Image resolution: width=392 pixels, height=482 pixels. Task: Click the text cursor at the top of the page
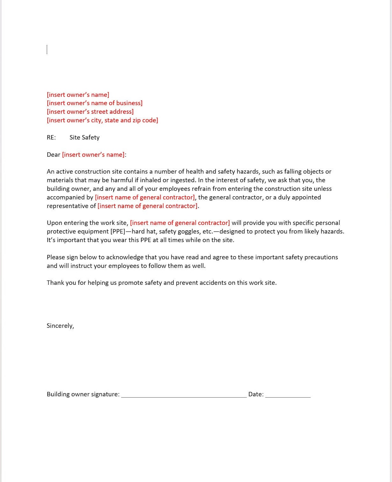[47, 50]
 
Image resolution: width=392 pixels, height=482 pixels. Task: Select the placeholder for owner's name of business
[95, 103]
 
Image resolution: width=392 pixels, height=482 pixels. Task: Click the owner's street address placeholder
[90, 112]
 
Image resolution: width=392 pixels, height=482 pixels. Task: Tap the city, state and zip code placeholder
[102, 120]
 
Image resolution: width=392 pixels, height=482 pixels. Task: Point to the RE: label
[51, 137]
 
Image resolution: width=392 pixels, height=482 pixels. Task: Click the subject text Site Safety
[84, 137]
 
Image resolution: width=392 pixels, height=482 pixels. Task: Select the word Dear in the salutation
[53, 155]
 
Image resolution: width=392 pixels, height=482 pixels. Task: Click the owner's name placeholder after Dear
[93, 155]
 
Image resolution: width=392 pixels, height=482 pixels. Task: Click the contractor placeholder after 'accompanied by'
[145, 197]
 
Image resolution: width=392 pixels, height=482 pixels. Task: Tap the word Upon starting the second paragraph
[54, 223]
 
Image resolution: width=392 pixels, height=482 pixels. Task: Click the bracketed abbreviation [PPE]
[118, 231]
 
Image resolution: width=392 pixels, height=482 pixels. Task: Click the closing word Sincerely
[60, 326]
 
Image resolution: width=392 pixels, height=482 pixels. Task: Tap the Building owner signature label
[83, 394]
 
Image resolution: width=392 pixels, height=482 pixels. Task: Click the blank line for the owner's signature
[184, 395]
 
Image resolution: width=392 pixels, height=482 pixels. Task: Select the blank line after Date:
[288, 395]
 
